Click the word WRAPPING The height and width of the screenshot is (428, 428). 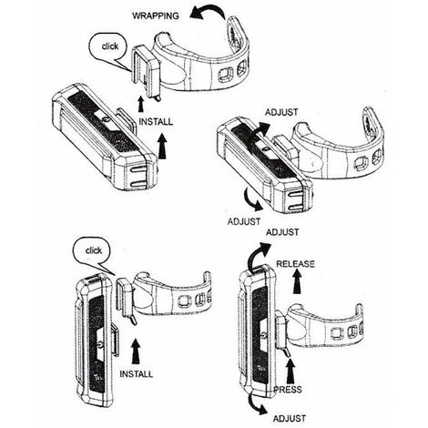click(x=156, y=15)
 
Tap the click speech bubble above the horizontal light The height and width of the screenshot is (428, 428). click(x=107, y=48)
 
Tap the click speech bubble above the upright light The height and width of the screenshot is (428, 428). click(x=93, y=253)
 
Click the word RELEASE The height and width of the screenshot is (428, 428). click(x=295, y=264)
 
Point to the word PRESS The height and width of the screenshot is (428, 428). click(x=288, y=390)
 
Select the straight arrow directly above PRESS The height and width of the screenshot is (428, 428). click(x=290, y=372)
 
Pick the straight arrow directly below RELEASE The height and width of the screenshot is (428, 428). click(x=298, y=281)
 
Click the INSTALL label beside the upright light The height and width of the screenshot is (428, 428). click(x=137, y=374)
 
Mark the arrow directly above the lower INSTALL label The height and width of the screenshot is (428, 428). click(x=136, y=352)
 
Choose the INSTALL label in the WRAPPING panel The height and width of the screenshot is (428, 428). click(x=156, y=122)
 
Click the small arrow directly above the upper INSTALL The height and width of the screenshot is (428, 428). click(x=140, y=105)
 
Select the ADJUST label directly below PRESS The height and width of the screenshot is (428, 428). click(x=290, y=419)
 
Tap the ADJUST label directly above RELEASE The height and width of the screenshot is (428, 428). click(x=282, y=232)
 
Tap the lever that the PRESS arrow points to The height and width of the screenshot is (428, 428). click(x=287, y=353)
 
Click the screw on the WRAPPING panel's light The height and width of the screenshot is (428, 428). click(x=107, y=120)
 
